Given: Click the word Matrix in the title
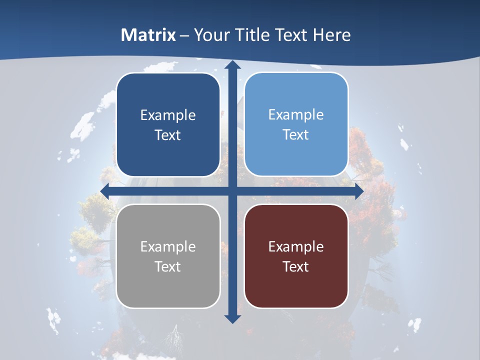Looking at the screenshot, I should pos(148,35).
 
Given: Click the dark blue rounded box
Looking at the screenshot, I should pos(168,125).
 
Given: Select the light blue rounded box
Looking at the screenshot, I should pos(296,124).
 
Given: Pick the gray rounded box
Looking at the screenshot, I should pos(168,256).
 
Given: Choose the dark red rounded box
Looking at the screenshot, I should pos(296,256).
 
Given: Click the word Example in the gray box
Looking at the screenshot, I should pos(168,246).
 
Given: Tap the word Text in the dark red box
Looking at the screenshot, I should pos(296,266).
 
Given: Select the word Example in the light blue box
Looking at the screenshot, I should pos(296,114).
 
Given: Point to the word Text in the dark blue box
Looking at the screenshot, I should pos(168,135).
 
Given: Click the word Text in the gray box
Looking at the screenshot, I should pos(168,266).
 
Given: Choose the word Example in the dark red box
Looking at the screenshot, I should pos(296,246).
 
